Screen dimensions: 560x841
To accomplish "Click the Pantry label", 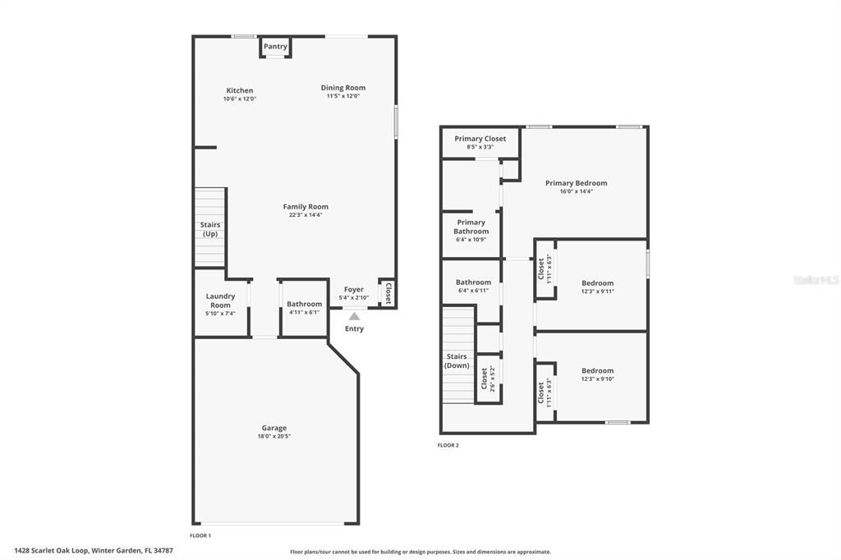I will coord(275,47).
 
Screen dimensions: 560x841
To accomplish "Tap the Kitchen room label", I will coord(240,90).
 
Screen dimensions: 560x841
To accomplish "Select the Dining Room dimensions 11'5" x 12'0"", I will coord(343,96).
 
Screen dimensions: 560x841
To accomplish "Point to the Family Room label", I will coord(306,207).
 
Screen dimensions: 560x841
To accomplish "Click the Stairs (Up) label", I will coord(210,230).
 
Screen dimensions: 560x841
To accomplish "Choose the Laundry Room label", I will coord(220,301).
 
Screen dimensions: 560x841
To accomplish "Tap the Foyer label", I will coord(354,289).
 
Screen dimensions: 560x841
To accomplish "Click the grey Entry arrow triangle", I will coord(354,316).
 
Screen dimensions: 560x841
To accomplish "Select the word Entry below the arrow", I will coord(354,329).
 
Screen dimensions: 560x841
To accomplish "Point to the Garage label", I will coord(274,428).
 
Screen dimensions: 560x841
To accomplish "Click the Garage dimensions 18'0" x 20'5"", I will coord(274,436).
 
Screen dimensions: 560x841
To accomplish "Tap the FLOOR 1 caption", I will coord(200,535).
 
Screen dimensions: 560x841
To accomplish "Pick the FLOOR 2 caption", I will coord(448,445).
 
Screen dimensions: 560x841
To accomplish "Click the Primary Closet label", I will coord(480,139).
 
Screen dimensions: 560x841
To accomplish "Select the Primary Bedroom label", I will coord(577,183).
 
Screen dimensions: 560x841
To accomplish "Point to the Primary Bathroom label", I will coord(471,227).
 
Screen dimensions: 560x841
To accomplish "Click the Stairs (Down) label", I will coord(457,361).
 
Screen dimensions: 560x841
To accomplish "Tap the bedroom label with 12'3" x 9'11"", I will coord(598,283).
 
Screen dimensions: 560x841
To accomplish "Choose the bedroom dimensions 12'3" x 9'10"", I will coord(598,379).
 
